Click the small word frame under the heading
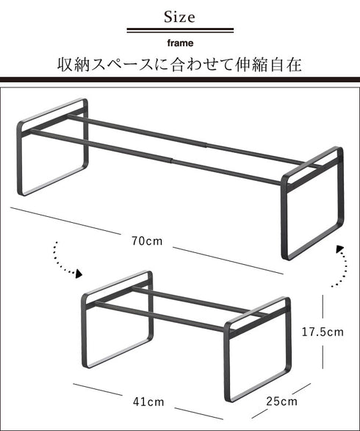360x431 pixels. (180, 43)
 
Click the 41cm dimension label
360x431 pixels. (148, 402)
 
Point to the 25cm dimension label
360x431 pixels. (282, 402)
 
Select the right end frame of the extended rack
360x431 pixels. (312, 206)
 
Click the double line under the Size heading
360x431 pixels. (180, 31)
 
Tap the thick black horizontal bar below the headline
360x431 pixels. (180, 79)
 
